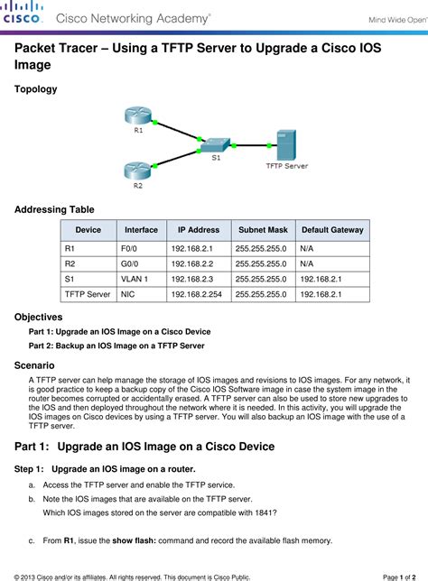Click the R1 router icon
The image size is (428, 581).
coord(137,115)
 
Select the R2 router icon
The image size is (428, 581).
coord(137,169)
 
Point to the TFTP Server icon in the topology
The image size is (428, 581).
coord(281,144)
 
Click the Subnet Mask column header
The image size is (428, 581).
coord(262,230)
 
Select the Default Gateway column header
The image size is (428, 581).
coord(331,230)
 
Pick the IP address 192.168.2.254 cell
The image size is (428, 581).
coord(198,294)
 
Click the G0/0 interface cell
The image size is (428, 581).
coord(130,263)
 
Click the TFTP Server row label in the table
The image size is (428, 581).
coord(88,294)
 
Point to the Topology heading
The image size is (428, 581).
coord(36,89)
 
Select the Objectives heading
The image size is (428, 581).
coord(39,318)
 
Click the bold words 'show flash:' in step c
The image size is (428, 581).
coord(136,541)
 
